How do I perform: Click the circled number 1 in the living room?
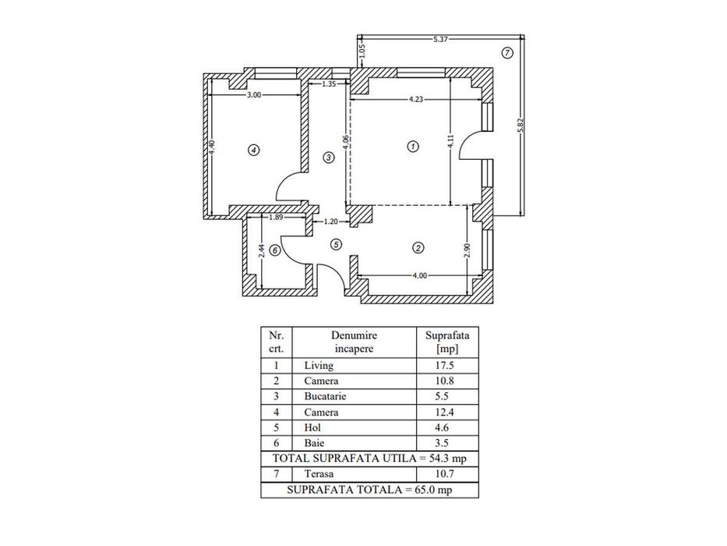click(x=413, y=146)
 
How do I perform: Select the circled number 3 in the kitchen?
click(x=329, y=158)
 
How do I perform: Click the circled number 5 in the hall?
click(x=336, y=244)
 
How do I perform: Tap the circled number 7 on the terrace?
click(x=506, y=53)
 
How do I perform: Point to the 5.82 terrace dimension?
click(x=521, y=124)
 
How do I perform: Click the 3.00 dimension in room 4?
click(x=253, y=94)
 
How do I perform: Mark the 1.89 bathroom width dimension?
click(x=275, y=218)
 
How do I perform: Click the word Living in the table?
click(x=319, y=365)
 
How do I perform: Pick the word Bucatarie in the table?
click(x=325, y=396)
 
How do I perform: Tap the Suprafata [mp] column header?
click(x=447, y=342)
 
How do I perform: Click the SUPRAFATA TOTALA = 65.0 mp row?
click(x=369, y=490)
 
